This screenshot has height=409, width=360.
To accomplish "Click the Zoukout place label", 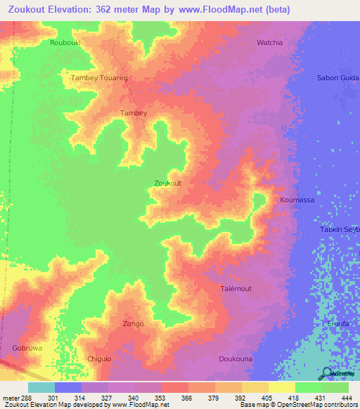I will [x=167, y=183].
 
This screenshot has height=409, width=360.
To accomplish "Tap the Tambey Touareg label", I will [x=98, y=78].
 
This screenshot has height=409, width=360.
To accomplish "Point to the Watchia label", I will [x=270, y=43].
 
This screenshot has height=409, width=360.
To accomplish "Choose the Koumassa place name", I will [x=297, y=200].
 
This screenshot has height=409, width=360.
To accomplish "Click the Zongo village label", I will [x=134, y=324].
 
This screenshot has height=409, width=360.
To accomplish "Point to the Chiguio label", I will [x=99, y=359].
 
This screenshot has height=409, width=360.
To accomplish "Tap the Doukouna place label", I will [x=236, y=359].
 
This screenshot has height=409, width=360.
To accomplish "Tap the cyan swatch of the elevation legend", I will [x=41, y=387].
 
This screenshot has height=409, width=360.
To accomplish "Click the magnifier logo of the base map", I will [x=327, y=373].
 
